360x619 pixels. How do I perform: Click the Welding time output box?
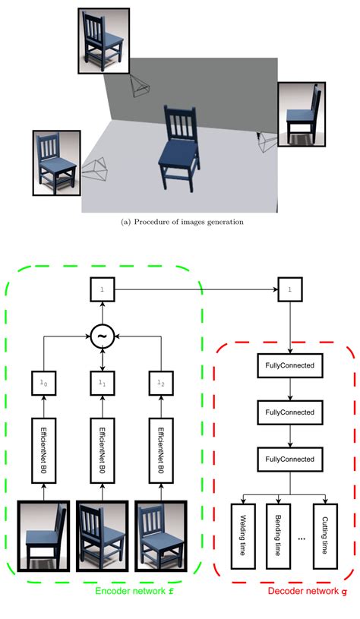click(x=242, y=545)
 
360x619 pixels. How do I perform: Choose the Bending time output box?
click(x=276, y=545)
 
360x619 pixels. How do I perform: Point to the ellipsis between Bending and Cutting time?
click(x=301, y=538)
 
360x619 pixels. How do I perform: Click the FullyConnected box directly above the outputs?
click(x=288, y=460)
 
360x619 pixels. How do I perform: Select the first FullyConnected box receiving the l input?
click(x=288, y=366)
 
